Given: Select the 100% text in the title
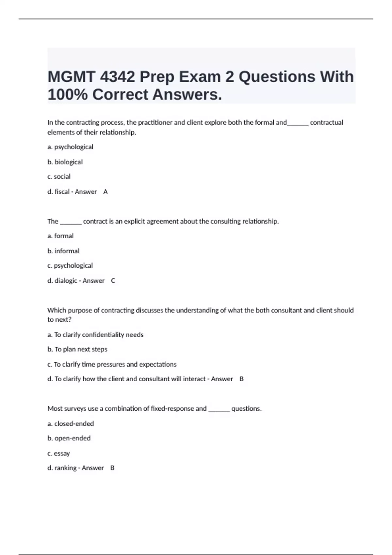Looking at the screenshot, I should tap(68, 95).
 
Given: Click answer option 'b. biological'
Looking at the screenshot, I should tap(65, 162).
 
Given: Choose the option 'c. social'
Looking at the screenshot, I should tap(59, 177).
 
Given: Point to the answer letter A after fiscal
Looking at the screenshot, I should tap(106, 192).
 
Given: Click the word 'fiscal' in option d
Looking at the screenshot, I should tap(62, 192).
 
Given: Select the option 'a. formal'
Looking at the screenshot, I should tap(60, 236).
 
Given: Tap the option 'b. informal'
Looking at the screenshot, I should tap(63, 251).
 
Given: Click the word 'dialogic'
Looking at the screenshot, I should tap(66, 281).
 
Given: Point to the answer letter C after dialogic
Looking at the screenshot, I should tap(113, 281).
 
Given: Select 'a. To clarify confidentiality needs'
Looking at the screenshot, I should tap(95, 335).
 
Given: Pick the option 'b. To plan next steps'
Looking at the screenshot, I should tap(77, 349).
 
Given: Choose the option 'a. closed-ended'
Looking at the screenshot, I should tap(71, 424).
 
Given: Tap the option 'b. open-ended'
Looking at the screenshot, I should tap(69, 438).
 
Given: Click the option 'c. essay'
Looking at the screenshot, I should tap(59, 453).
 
